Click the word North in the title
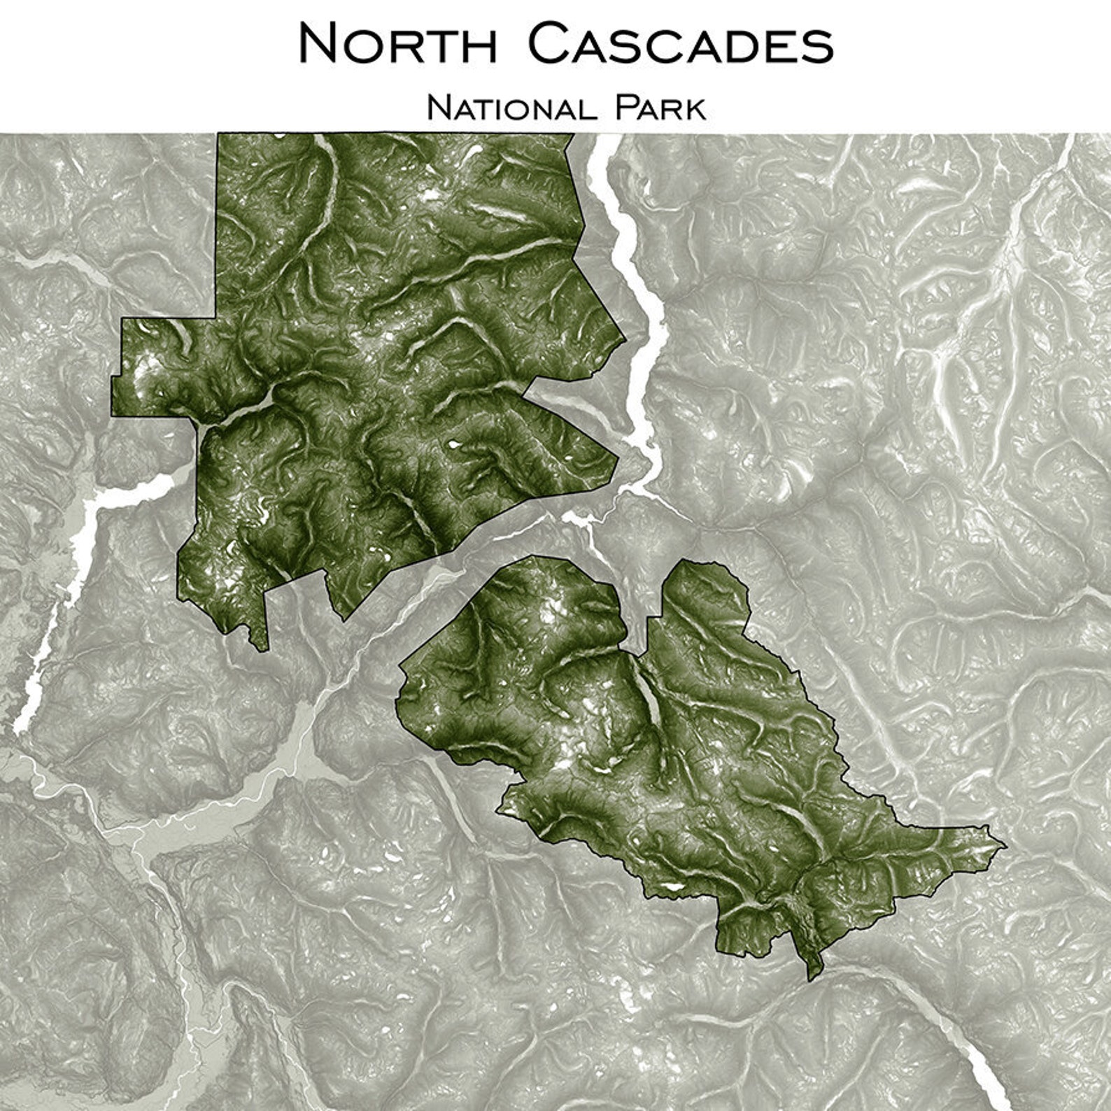[x=397, y=43]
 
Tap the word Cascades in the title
[x=680, y=43]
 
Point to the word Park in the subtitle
[x=660, y=109]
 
